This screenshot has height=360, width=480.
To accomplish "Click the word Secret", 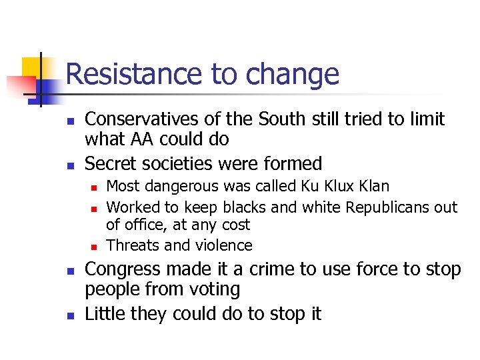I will click(109, 163).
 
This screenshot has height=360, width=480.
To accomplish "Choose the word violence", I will click(223, 245).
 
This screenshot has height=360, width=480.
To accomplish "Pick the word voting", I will click(215, 289).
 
